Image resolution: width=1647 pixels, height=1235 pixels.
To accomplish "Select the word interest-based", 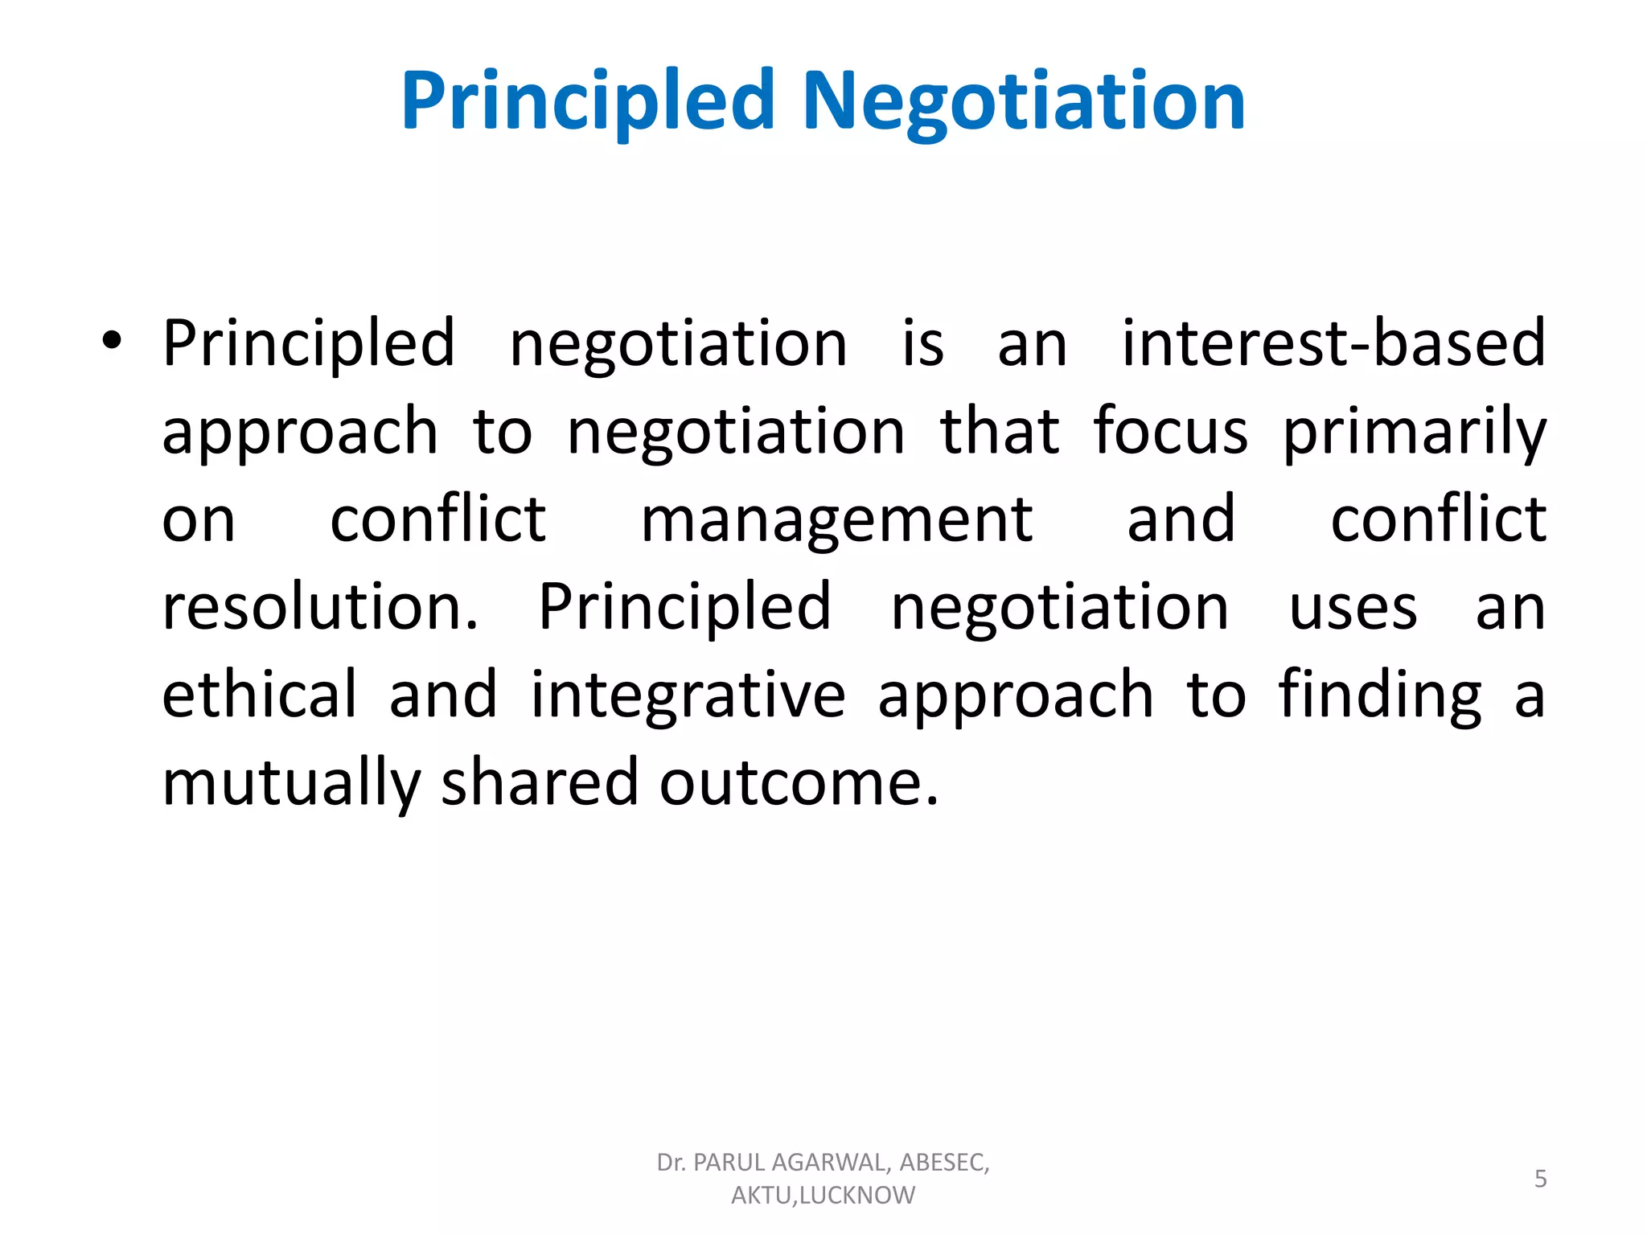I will (1333, 343).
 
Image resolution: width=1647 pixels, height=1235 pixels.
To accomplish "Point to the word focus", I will (1170, 432).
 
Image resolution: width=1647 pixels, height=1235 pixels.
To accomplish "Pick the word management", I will (836, 521).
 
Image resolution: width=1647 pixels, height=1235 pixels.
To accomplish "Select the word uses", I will (1353, 608).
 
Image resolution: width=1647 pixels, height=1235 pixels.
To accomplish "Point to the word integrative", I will (688, 696).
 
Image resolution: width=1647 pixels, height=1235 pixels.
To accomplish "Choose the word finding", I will (1380, 696).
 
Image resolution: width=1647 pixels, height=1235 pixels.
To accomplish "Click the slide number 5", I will (1540, 1179).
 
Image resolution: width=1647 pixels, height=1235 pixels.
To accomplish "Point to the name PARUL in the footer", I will (729, 1163).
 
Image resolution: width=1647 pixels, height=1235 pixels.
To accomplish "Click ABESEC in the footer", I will (943, 1163).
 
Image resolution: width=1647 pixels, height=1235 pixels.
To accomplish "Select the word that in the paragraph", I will (1000, 432).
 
